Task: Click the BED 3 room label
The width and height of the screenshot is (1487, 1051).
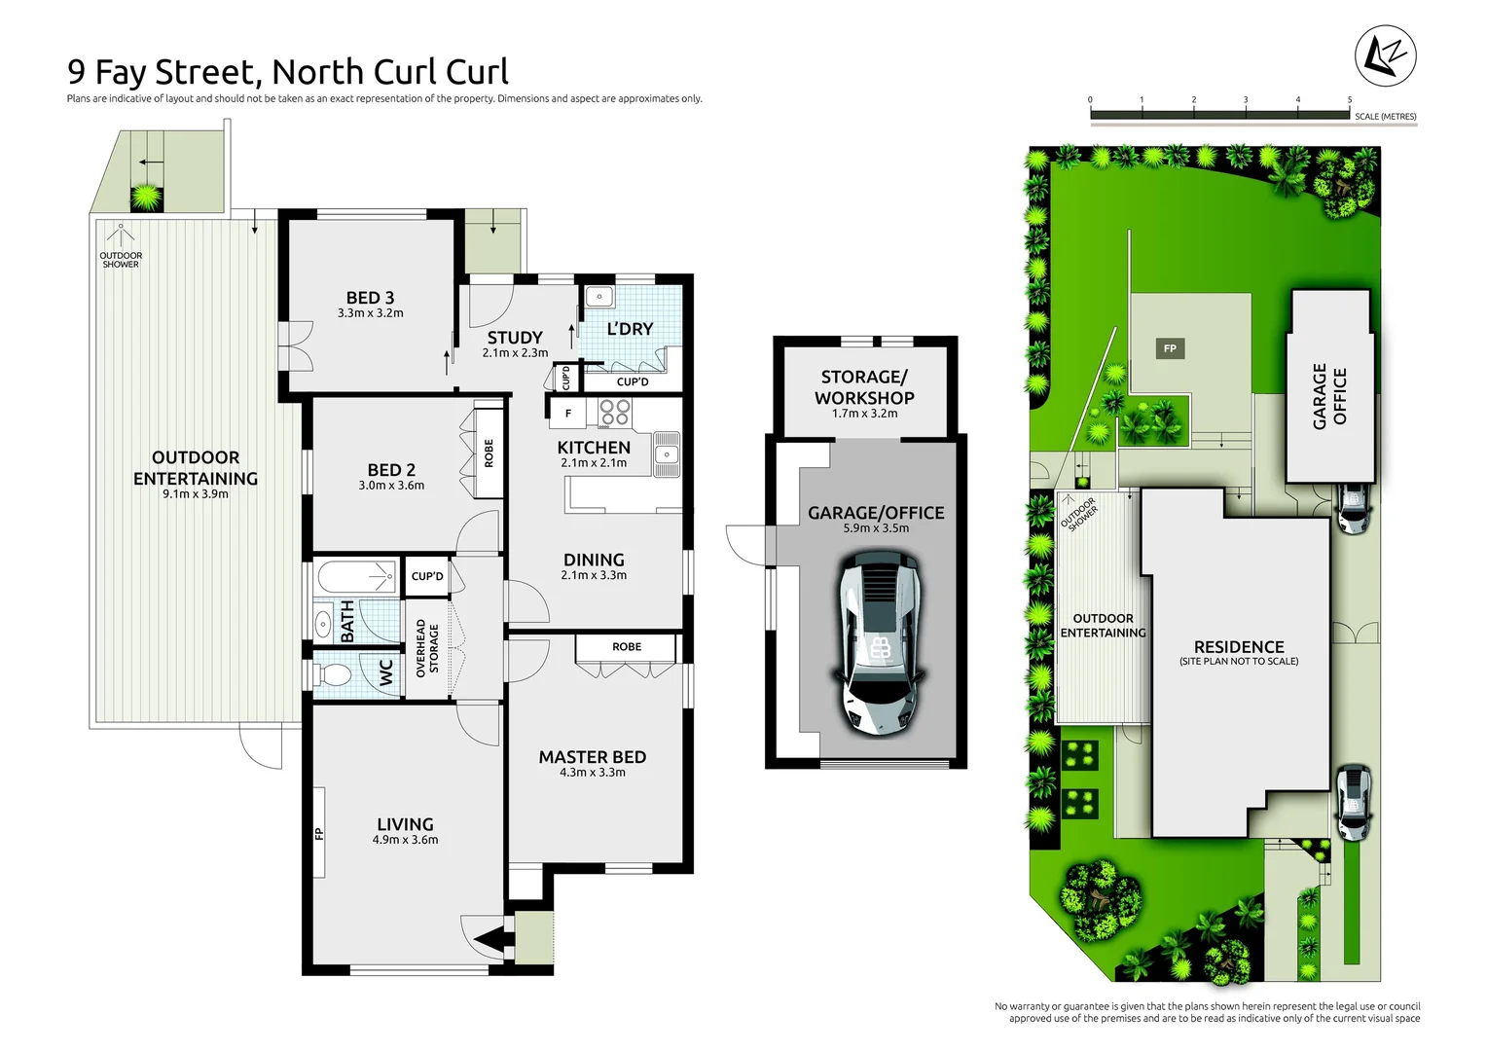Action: click(370, 298)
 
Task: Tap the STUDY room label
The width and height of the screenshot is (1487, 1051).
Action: click(515, 338)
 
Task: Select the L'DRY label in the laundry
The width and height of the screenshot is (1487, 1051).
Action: click(630, 329)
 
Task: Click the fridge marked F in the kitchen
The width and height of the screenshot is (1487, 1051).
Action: click(568, 414)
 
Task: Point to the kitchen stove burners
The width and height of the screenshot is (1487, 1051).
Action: click(614, 413)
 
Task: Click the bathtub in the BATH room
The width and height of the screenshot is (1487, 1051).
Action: click(357, 576)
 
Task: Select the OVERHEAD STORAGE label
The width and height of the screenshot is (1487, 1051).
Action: click(427, 648)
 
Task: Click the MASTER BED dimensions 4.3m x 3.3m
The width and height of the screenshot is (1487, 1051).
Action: click(592, 773)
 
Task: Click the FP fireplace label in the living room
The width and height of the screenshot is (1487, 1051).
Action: click(318, 833)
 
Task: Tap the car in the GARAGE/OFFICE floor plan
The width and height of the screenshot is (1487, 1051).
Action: click(879, 642)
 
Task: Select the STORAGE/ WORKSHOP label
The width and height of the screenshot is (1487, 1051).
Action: click(864, 387)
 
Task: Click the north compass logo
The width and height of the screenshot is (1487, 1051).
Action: click(1385, 56)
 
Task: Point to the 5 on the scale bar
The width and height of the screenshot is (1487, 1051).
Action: click(1349, 99)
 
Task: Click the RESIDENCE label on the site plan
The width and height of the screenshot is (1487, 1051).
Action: click(1239, 647)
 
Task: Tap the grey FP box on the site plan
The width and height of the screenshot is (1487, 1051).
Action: click(1170, 348)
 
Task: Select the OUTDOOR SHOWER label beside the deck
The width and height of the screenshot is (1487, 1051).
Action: click(121, 260)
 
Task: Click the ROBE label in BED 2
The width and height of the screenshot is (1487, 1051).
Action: click(489, 453)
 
